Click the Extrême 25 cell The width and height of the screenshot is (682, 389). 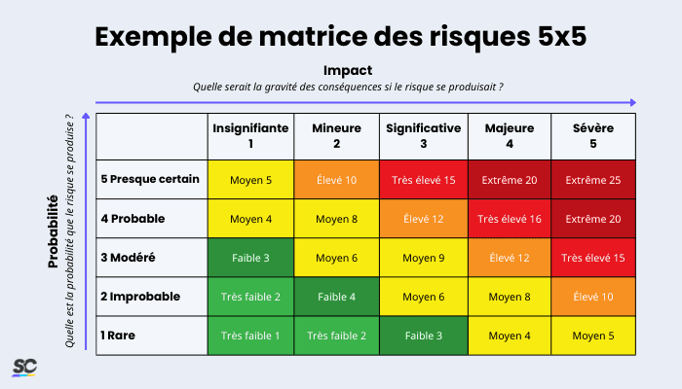(x=593, y=180)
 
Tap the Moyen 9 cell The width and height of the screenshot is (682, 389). (x=423, y=258)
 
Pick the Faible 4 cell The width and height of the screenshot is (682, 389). (x=336, y=297)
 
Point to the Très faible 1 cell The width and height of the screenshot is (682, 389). (x=249, y=336)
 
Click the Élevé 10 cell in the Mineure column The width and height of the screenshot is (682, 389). (x=336, y=180)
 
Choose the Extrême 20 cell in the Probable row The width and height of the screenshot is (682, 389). (x=593, y=219)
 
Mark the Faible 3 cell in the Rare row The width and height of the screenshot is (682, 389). (x=423, y=336)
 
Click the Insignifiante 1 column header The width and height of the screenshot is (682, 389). (x=249, y=135)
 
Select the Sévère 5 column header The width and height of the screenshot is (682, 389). (x=593, y=135)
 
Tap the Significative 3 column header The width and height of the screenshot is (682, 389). (x=423, y=135)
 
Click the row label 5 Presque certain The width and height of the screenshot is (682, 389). (x=150, y=180)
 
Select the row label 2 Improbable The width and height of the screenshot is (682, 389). (x=142, y=297)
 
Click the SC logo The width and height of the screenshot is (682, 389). (x=23, y=367)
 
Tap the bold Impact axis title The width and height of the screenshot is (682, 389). (x=348, y=70)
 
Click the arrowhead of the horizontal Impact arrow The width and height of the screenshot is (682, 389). (x=633, y=101)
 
